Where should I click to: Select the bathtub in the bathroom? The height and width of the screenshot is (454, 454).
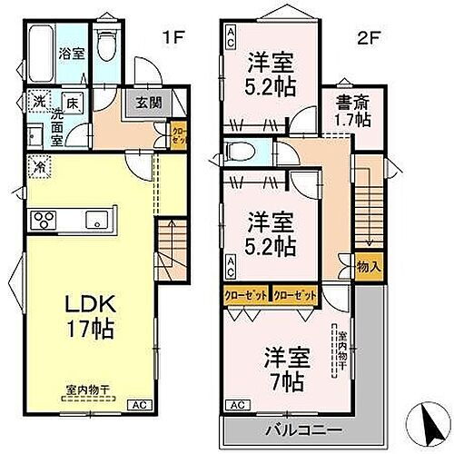click(x=42, y=53)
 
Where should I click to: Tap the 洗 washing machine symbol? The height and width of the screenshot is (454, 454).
click(x=38, y=102)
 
